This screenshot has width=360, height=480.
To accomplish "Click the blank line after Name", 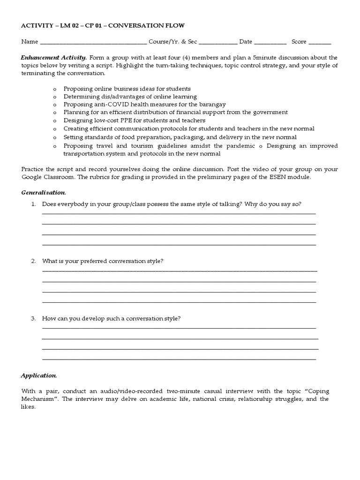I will pos(93,43).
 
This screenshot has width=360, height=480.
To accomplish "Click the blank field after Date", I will pos(270,43).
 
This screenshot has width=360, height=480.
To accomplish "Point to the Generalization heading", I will pos(44,193).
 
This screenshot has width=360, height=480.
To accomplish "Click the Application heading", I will pos(39,375).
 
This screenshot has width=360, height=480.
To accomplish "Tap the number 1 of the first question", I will pos(33,204).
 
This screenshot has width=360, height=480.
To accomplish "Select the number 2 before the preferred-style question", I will pos(33,261).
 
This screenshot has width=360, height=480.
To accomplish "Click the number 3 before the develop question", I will pos(33,318).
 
